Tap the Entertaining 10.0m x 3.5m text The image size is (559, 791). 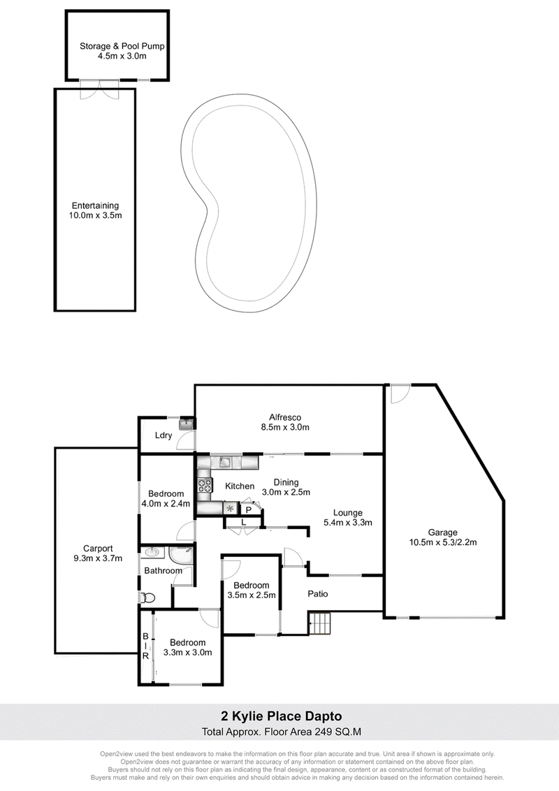coord(95,210)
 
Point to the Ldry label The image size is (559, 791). coord(164,435)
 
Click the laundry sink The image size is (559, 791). coord(187,424)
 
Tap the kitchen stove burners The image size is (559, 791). coord(205,485)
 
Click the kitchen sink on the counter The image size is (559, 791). coord(224,461)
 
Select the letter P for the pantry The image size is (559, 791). coord(249,510)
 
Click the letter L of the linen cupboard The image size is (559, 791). coord(244,522)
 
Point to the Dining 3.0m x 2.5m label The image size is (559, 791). coord(286,487)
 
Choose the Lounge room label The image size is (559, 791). coord(347,513)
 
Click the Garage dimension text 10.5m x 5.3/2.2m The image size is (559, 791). coord(443,542)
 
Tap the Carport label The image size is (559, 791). coord(98,549)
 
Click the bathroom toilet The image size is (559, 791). coord(147,597)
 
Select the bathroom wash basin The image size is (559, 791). coord(150,553)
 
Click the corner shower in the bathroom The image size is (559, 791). coord(181,556)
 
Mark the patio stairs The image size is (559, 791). coord(319,623)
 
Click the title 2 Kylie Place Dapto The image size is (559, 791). coord(282,716)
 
